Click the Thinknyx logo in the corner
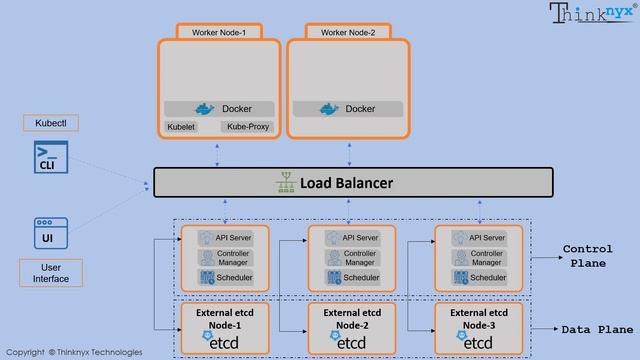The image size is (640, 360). coord(592,13)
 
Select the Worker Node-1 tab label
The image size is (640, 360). coord(219,32)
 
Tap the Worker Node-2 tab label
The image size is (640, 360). coord(347,32)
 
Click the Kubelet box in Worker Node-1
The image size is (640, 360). coord(181,127)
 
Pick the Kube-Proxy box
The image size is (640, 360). coord(246,127)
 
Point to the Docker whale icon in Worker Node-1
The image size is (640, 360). coord(205,108)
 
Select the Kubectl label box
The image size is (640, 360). coord(50,123)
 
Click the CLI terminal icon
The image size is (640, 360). coord(47,158)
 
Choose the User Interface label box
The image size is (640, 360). coord(50,273)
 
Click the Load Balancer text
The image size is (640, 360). coord(346,183)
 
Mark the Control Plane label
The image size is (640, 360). coord(587,256)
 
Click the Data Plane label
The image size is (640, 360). coord(595,328)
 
